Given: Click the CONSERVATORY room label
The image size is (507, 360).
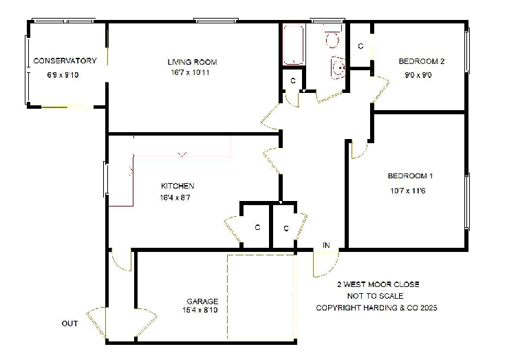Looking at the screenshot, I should click(65, 61).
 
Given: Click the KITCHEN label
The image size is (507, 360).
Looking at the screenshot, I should click(177, 186).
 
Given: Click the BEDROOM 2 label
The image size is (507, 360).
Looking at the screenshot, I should click(421, 61).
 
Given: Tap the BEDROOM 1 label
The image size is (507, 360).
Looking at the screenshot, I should click(410, 176).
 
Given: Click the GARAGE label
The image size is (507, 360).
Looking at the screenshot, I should click(202, 301).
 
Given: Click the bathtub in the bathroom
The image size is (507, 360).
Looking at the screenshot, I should click(293, 45).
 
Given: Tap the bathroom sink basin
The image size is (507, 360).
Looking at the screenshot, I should click(337, 67).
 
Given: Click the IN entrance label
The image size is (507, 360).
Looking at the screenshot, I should click(326, 245).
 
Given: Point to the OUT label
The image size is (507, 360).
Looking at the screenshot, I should click(69, 324).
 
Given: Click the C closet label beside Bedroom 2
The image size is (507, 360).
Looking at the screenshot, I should click(360, 46).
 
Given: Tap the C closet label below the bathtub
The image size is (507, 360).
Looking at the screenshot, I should click(292, 81).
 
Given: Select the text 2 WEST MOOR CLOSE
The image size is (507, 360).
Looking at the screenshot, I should click(377, 284).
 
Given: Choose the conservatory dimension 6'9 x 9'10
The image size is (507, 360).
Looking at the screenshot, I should click(63, 74).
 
